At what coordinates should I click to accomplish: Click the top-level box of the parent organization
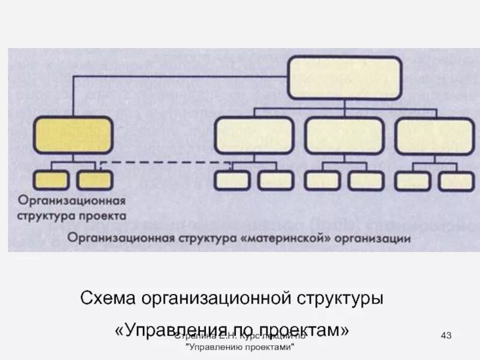345,77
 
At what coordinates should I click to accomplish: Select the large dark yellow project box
73,135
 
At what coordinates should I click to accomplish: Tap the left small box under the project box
51,179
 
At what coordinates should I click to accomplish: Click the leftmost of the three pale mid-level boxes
254,135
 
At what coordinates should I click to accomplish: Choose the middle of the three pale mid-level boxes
344,135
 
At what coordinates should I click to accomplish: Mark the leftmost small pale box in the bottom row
232,181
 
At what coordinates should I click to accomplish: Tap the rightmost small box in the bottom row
456,181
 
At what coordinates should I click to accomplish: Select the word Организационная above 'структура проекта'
71,200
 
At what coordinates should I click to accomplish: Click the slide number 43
446,334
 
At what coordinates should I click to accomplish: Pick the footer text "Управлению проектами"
240,348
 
